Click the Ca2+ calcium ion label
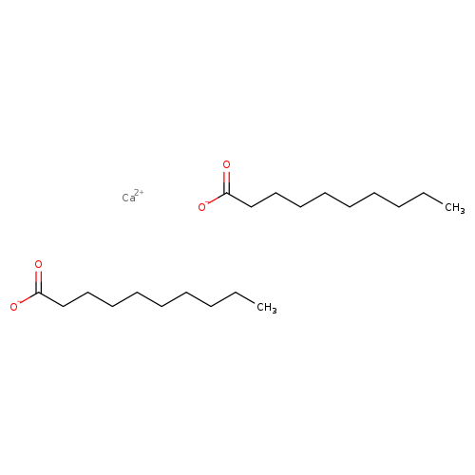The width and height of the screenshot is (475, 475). tap(133, 196)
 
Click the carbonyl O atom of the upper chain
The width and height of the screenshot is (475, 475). tap(226, 164)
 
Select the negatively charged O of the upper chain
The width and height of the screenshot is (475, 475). tap(201, 207)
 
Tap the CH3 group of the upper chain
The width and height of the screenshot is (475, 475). tap(455, 208)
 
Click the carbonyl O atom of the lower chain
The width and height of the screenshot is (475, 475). tap(38, 264)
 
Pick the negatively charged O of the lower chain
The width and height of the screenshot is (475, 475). tap(13, 307)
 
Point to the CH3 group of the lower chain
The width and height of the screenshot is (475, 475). tap(267, 308)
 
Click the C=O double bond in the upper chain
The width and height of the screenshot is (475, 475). tap(226, 182)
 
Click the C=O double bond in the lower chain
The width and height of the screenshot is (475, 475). tap(38, 282)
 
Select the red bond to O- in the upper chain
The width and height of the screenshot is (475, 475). tap(217, 199)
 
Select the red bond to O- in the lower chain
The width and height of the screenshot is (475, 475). tap(28, 298)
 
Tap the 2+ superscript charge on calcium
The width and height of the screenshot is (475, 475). tap(139, 192)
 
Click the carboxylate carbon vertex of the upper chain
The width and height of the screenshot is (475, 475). tap(227, 193)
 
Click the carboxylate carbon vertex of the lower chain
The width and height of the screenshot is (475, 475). tap(39, 293)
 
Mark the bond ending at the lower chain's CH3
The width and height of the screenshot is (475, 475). tap(245, 297)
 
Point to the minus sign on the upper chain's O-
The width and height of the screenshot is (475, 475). tap(207, 202)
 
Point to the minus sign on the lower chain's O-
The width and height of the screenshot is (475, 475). tap(19, 302)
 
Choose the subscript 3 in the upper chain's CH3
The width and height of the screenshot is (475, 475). tap(463, 211)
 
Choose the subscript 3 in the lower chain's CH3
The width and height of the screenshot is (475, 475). tap(275, 311)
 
